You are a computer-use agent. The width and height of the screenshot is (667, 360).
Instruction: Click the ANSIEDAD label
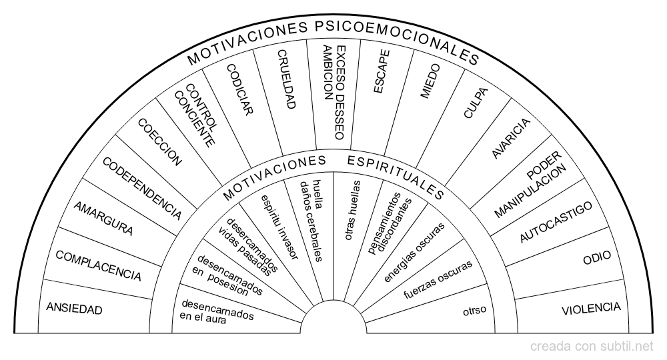[74, 309]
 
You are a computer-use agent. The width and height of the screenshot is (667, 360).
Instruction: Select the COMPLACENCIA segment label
[98, 266]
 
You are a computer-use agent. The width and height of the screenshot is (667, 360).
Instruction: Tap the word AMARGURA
[103, 219]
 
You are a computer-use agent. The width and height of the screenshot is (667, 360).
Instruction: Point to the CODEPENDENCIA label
[142, 189]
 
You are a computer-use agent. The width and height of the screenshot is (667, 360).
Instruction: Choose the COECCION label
[160, 142]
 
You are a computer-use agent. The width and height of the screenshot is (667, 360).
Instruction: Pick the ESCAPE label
[381, 71]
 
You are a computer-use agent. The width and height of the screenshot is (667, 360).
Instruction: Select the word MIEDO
[430, 81]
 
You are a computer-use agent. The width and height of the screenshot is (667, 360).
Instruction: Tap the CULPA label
[476, 103]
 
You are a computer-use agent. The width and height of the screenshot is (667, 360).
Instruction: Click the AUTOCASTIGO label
[556, 222]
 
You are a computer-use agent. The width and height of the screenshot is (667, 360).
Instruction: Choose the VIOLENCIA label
[591, 309]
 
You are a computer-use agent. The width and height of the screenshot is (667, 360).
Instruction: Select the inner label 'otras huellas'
[353, 211]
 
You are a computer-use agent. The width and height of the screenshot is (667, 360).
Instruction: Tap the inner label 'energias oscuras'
[414, 252]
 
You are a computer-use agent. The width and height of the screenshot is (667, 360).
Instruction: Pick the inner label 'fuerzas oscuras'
[438, 279]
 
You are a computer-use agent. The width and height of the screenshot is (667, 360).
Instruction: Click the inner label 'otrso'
[475, 311]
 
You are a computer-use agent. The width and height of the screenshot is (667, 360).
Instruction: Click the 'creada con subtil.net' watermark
[592, 347]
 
